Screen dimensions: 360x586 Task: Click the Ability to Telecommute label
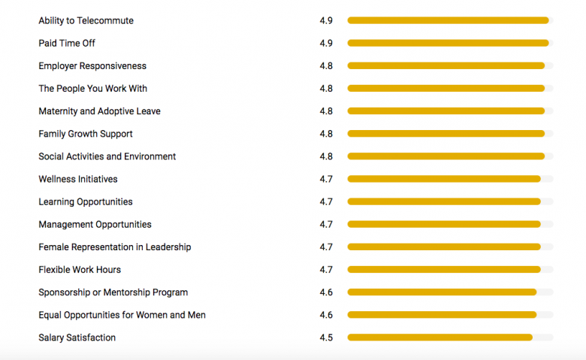(86, 20)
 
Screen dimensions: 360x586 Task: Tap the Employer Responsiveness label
(92, 66)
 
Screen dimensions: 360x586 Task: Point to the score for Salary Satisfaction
(326, 337)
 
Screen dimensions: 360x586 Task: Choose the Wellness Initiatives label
(78, 179)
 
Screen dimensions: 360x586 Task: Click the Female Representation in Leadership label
(115, 247)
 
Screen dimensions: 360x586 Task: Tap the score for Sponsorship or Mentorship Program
(326, 292)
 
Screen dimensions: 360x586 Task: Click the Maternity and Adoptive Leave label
(99, 111)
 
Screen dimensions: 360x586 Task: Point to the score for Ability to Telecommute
(326, 20)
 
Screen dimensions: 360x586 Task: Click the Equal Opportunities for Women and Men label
(122, 315)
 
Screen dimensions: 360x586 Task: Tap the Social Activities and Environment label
(107, 156)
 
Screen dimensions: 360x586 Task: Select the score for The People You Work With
(326, 89)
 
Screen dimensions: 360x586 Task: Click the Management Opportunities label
(95, 224)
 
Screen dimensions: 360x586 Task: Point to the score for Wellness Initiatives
(326, 179)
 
